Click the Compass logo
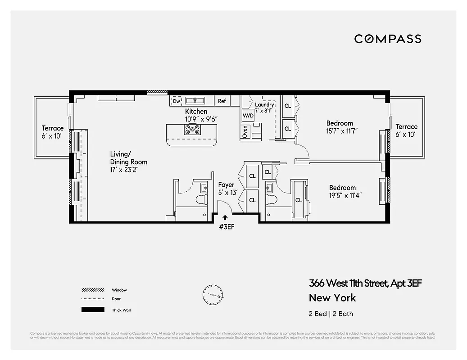[388, 39]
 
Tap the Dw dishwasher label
[177, 101]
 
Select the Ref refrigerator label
[222, 101]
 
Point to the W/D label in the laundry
[248, 115]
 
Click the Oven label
[245, 131]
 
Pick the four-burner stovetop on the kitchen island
[192, 130]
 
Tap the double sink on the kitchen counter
[195, 100]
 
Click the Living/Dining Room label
[128, 158]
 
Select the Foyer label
[227, 185]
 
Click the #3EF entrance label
[226, 226]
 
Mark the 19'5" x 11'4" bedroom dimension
[345, 195]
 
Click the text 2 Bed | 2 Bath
[331, 314]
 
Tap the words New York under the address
[332, 297]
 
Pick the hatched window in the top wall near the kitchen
[158, 92]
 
